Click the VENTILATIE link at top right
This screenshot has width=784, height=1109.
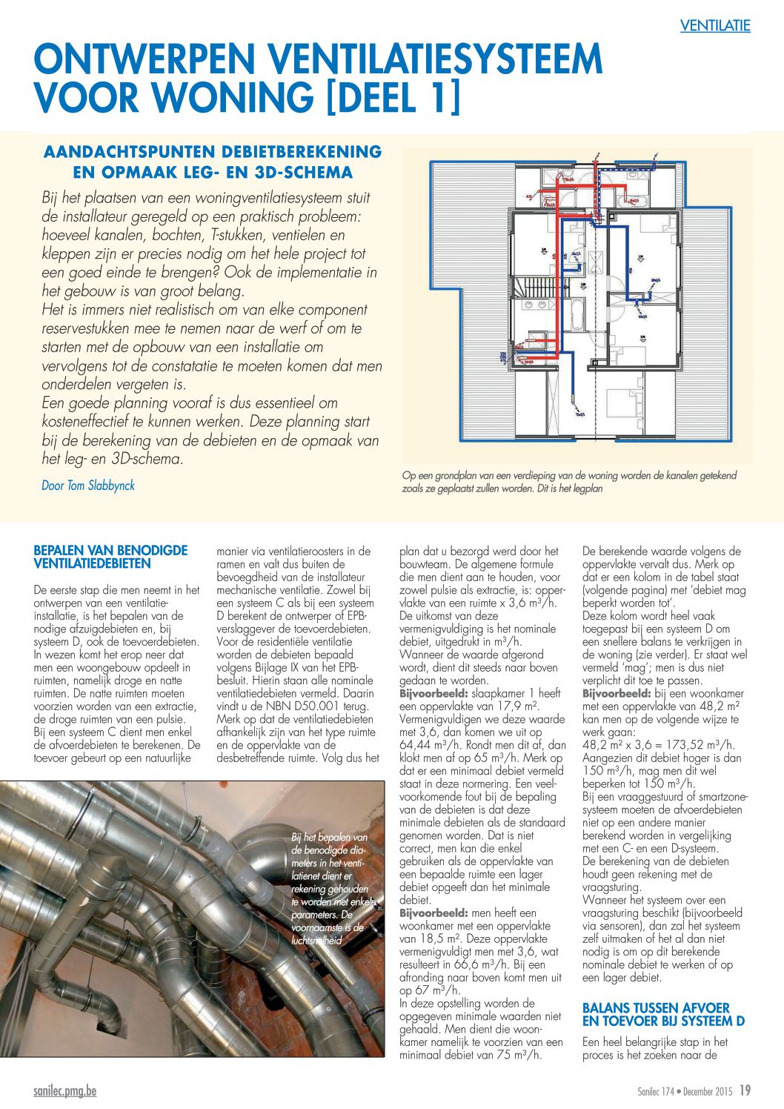(x=715, y=26)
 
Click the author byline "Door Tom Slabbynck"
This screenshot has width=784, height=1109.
(x=88, y=486)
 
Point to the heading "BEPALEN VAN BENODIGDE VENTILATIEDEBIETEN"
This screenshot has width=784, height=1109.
(x=110, y=557)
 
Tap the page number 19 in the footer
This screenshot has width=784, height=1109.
(x=744, y=1090)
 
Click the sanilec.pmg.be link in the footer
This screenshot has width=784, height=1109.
(x=65, y=1091)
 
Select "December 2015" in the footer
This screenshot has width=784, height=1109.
(x=707, y=1091)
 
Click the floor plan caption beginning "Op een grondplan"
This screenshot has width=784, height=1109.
(x=568, y=482)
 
